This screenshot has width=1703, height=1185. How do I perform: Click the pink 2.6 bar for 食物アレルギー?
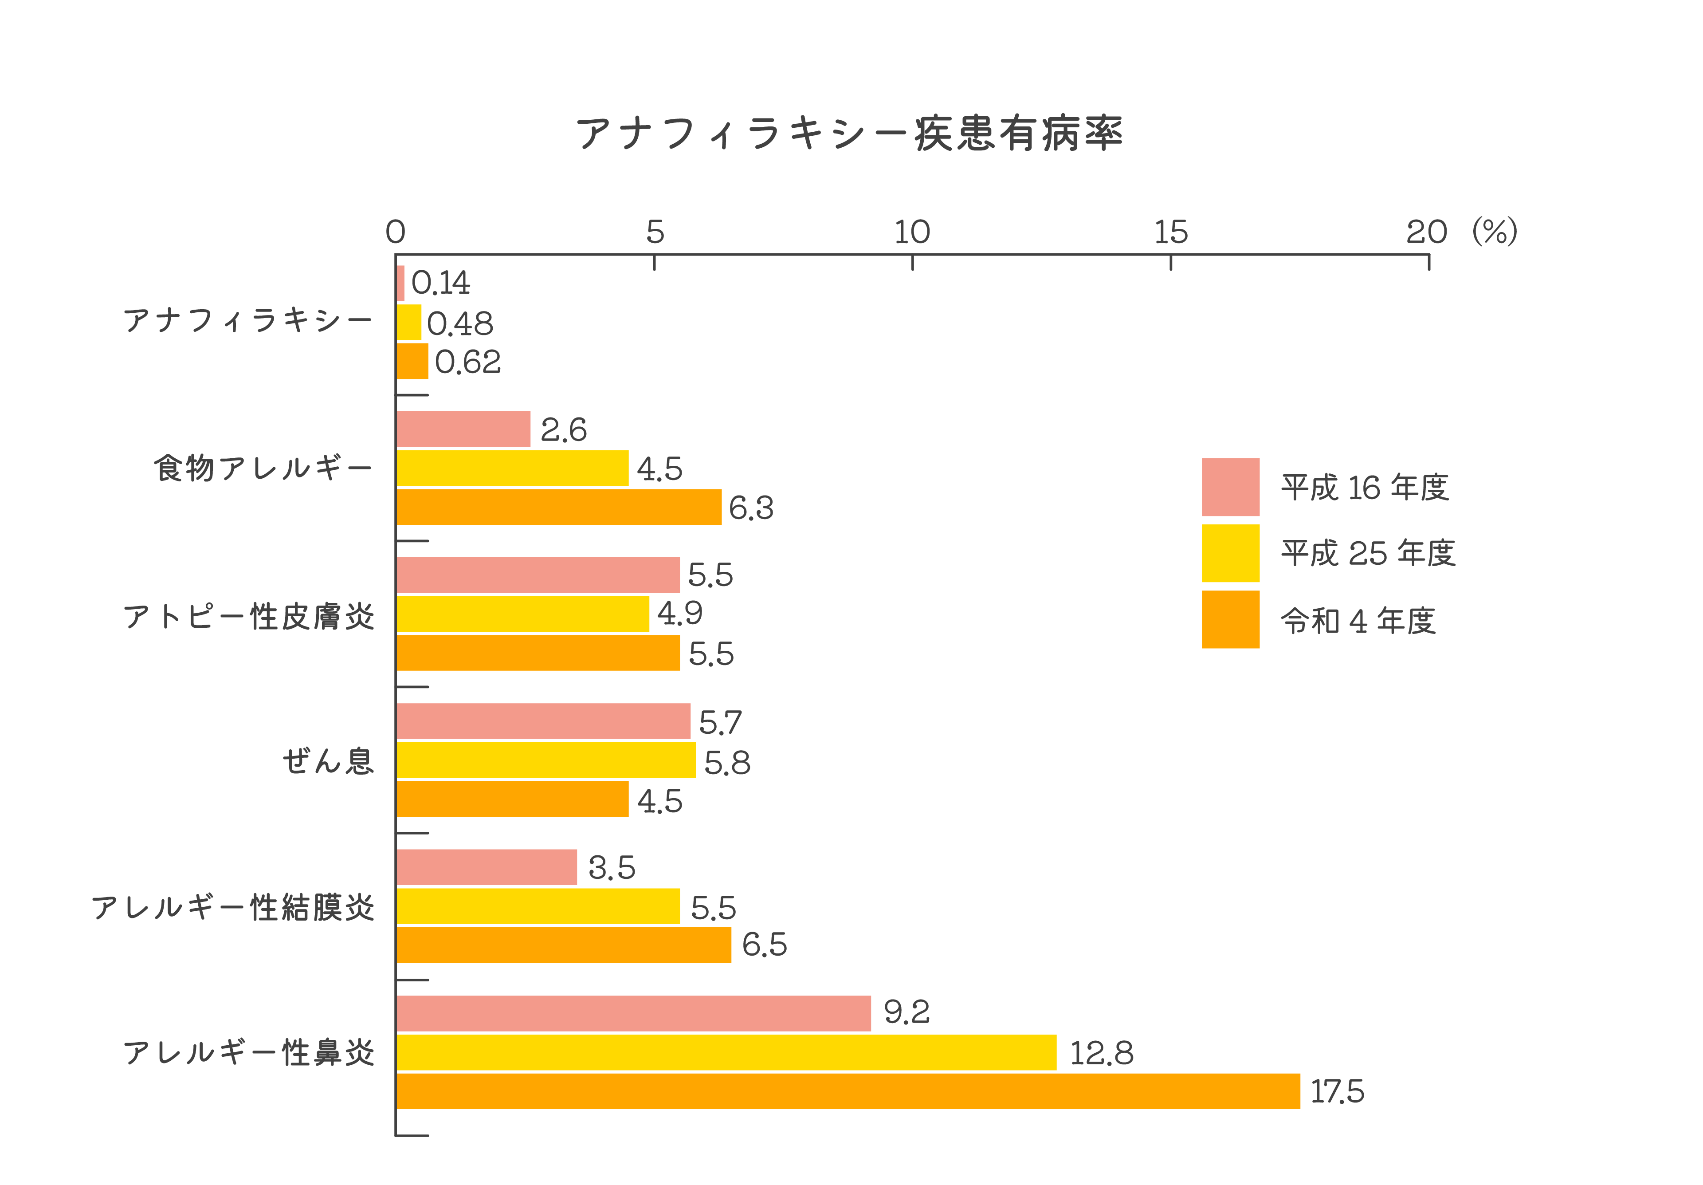pos(463,429)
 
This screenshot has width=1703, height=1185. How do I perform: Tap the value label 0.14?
pos(440,283)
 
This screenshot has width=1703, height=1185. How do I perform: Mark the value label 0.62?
pos(468,362)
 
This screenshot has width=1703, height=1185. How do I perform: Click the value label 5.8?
pos(727,763)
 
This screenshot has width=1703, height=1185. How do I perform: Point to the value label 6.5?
pos(764,945)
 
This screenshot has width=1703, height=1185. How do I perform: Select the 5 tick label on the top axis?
pos(654,232)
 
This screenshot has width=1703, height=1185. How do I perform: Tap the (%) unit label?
pos(1495,232)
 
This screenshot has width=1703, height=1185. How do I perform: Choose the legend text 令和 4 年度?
pos(1358,620)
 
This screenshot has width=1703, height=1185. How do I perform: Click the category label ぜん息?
pos(328,760)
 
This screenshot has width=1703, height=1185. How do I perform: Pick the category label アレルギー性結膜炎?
pos(233,907)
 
